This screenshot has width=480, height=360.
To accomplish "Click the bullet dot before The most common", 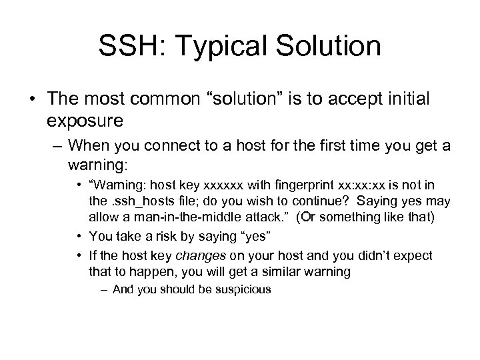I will (31, 99).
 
